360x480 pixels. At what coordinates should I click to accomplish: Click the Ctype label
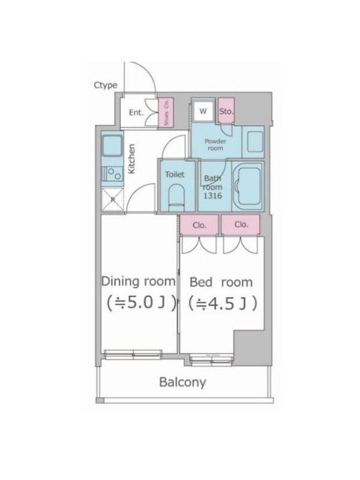click(x=106, y=85)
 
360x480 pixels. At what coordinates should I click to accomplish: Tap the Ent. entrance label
click(x=136, y=113)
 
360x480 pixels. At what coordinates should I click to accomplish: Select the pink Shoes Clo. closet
click(x=166, y=113)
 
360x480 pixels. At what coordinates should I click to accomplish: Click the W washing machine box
click(x=203, y=111)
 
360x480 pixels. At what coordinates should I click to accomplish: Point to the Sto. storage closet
click(x=226, y=111)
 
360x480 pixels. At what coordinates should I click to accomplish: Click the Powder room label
click(x=215, y=145)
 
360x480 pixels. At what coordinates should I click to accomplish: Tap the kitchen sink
click(x=112, y=146)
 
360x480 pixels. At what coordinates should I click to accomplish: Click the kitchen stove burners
click(x=113, y=173)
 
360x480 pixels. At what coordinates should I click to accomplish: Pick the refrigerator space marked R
click(x=113, y=200)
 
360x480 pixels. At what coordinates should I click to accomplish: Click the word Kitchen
click(x=131, y=159)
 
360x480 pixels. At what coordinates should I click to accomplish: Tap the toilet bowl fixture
click(x=176, y=194)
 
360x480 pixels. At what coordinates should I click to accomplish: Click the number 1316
click(x=213, y=196)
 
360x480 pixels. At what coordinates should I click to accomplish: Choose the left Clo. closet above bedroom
click(x=199, y=225)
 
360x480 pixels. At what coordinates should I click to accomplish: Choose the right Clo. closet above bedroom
click(x=241, y=224)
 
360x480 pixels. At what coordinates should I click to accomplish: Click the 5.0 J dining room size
click(x=142, y=303)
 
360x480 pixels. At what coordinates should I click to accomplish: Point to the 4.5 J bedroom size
click(x=222, y=304)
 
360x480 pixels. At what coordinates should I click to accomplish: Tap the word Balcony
click(x=183, y=382)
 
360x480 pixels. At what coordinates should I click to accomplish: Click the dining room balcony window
click(x=133, y=354)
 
